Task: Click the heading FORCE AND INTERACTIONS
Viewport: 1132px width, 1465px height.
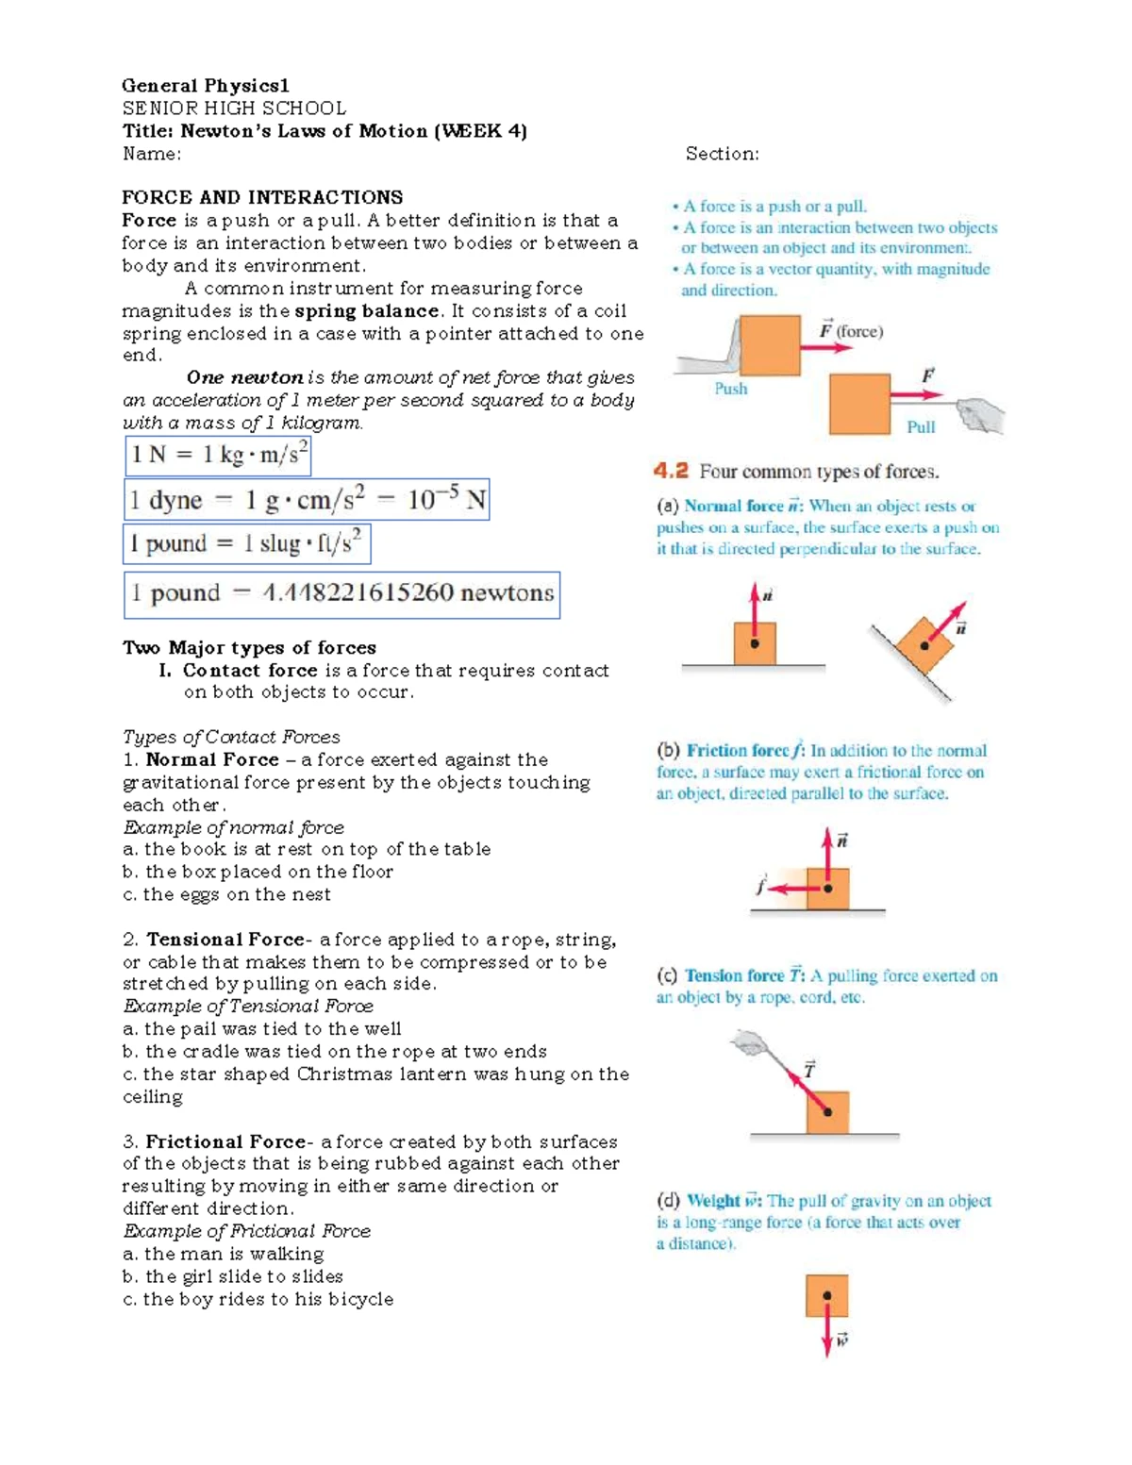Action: (262, 197)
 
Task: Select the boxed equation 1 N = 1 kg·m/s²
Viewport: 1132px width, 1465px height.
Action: (218, 456)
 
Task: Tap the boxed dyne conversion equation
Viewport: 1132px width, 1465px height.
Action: (307, 500)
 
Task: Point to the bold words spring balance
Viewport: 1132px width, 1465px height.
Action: (366, 311)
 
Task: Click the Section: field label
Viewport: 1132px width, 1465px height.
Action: (722, 154)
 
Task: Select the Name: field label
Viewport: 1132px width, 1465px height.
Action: (152, 154)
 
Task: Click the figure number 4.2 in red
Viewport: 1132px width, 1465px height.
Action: (671, 471)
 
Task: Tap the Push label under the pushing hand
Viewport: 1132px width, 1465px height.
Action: (730, 389)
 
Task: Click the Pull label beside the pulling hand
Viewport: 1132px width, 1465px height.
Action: (920, 426)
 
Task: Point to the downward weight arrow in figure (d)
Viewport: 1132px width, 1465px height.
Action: (826, 1334)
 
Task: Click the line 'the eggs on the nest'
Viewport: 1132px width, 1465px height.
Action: (237, 894)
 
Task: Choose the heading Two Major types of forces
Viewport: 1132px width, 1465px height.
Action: (249, 648)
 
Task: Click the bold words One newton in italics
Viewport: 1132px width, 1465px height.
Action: (244, 377)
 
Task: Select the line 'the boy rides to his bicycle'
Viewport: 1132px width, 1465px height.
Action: (268, 1299)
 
